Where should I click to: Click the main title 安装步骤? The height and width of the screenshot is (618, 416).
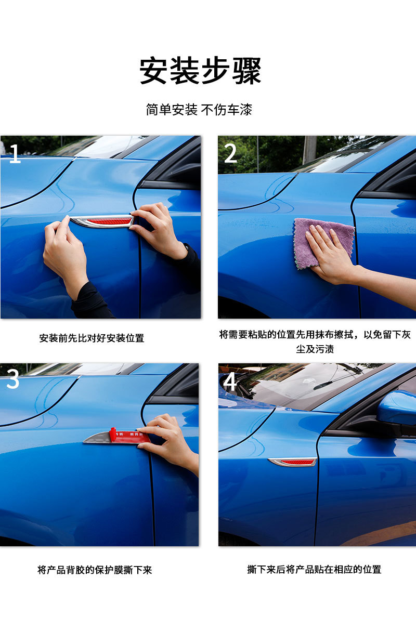(200, 71)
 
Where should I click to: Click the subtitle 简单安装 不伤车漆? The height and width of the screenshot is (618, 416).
(199, 110)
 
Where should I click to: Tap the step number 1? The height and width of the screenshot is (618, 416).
(15, 154)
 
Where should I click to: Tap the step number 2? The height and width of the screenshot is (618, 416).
(230, 154)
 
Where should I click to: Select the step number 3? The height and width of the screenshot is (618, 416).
(13, 380)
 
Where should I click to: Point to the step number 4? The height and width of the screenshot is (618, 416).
(230, 383)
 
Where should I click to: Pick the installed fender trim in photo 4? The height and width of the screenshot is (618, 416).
(293, 462)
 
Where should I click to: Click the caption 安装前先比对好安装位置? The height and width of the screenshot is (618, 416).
(92, 338)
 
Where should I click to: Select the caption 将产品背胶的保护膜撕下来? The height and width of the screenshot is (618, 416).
(95, 570)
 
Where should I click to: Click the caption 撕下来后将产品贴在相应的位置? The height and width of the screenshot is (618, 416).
(314, 569)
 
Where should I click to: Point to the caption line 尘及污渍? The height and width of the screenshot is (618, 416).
(315, 349)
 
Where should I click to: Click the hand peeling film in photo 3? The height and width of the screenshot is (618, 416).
(172, 442)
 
